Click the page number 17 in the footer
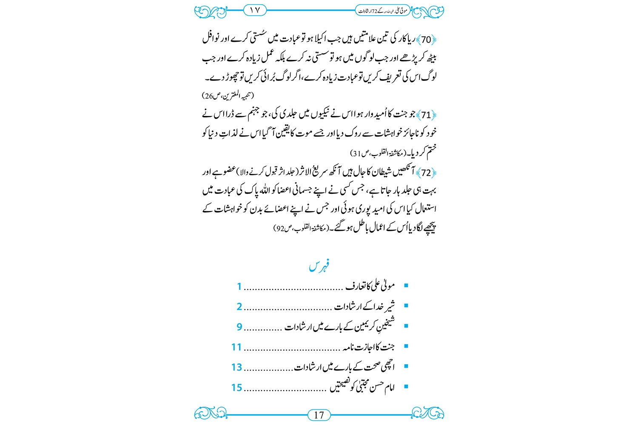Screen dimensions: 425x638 click(319, 415)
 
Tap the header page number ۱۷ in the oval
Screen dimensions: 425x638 click(255, 10)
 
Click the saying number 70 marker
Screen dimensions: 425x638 click(426, 40)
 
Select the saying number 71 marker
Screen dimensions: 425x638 click(426, 115)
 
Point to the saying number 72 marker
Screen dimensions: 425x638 click(426, 173)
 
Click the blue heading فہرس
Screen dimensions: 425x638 click(319, 266)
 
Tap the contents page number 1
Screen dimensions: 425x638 click(239, 287)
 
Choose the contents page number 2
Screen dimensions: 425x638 click(239, 307)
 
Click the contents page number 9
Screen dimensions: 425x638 click(239, 327)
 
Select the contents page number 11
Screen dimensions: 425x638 click(236, 347)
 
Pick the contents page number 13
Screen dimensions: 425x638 click(236, 367)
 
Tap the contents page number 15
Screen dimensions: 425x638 click(236, 388)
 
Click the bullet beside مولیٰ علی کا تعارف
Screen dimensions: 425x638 click(406, 286)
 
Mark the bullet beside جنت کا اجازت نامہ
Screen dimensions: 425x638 click(406, 346)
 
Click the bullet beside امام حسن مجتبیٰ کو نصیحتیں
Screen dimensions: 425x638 click(406, 387)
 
